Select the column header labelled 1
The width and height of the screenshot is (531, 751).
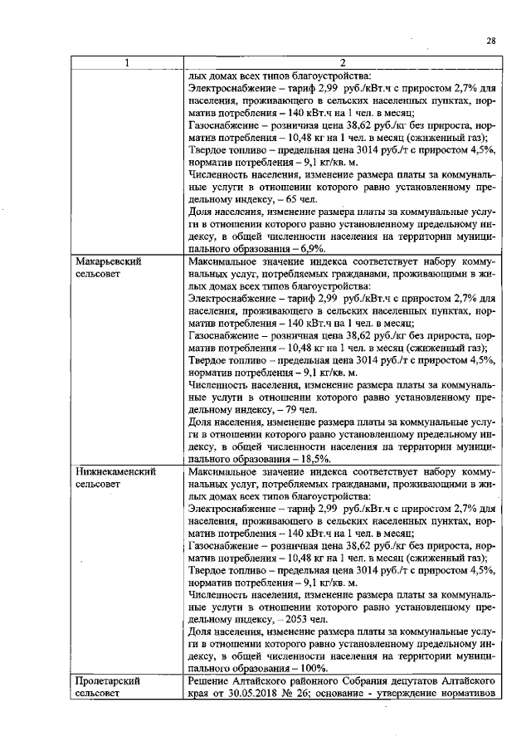(127, 63)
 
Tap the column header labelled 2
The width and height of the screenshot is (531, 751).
(343, 63)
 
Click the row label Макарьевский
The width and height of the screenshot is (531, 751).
(108, 261)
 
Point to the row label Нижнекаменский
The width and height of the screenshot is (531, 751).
(112, 471)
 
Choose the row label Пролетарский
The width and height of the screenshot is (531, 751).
(107, 680)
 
